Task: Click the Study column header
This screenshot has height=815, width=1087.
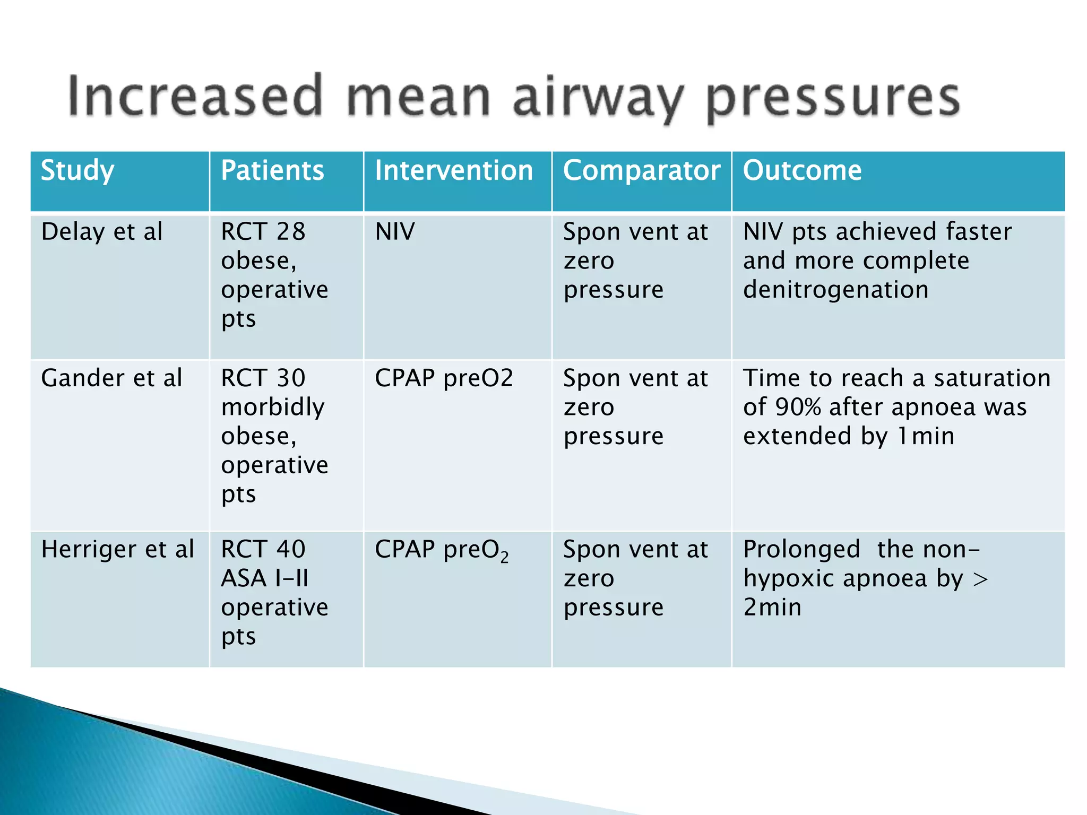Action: point(77,171)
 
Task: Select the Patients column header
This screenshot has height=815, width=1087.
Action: point(272,171)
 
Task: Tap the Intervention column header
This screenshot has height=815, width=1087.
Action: point(454,171)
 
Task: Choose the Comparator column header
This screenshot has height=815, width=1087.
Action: point(641,171)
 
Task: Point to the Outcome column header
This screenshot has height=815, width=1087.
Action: point(802,171)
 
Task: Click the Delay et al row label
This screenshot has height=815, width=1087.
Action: point(102,232)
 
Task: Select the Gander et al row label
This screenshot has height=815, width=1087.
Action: point(111,378)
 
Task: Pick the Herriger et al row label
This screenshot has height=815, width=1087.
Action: point(117,549)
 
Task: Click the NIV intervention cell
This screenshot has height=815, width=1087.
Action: point(395,232)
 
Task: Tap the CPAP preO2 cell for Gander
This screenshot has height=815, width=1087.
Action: point(444,378)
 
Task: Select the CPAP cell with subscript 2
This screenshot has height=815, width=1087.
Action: point(442,550)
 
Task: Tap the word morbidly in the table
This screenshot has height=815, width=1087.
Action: point(273,407)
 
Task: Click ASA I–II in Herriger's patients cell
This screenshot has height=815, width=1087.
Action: point(264,578)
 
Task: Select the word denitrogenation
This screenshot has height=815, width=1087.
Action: point(835,290)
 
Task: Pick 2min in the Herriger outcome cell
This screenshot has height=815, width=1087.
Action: point(772,608)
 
